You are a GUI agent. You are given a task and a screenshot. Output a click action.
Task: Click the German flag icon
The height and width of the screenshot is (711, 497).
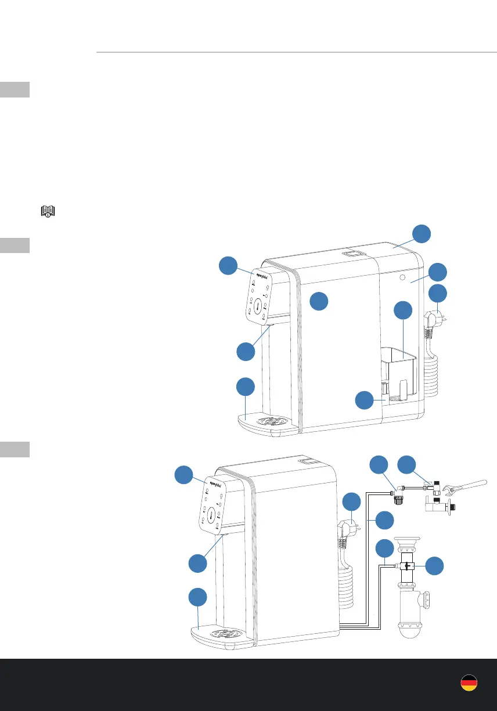coord(469,683)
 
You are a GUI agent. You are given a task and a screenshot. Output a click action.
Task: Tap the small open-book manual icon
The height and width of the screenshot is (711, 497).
coord(46,211)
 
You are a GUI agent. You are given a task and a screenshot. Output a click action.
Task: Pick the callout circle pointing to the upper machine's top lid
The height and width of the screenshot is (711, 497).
coord(422,234)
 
